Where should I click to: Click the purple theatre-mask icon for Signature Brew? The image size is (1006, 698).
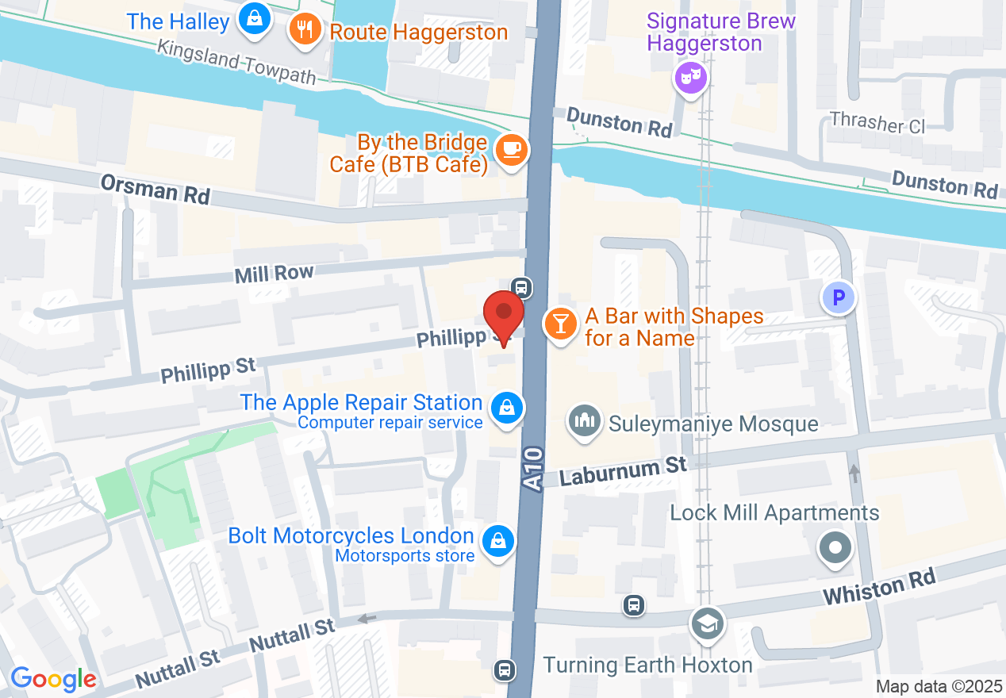pyautogui.click(x=690, y=77)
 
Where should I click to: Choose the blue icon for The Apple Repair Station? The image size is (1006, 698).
pyautogui.click(x=505, y=409)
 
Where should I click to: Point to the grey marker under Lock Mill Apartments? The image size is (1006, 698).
pyautogui.click(x=835, y=548)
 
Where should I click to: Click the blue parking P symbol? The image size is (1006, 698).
pyautogui.click(x=839, y=299)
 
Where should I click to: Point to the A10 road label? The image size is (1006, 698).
pyautogui.click(x=534, y=469)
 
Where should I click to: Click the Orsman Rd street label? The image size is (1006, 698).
pyautogui.click(x=155, y=189)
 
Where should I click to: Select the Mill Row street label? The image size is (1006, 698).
pyautogui.click(x=274, y=274)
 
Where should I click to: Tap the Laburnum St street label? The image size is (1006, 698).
pyautogui.click(x=623, y=471)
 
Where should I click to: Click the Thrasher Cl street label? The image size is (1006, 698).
pyautogui.click(x=877, y=122)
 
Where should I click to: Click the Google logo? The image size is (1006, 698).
pyautogui.click(x=53, y=679)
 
